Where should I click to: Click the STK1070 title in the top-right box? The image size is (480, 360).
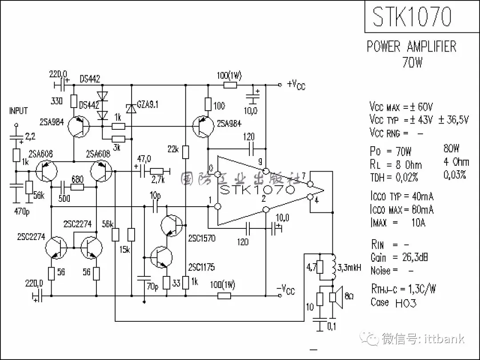[412, 17]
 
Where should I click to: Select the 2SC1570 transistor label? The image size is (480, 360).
[202, 238]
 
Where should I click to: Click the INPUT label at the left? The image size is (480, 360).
[18, 111]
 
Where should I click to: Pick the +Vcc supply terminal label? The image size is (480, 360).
[296, 84]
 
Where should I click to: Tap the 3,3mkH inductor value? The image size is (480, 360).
[350, 268]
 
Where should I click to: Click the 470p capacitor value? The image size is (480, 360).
[22, 212]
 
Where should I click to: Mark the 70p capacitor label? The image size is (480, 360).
[152, 287]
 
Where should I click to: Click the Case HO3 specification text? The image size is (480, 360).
[393, 303]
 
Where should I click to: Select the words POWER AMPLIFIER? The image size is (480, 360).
[412, 46]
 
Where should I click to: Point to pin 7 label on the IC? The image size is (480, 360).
[303, 176]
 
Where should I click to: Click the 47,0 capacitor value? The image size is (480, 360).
[144, 159]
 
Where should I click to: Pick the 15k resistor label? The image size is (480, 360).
[125, 250]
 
